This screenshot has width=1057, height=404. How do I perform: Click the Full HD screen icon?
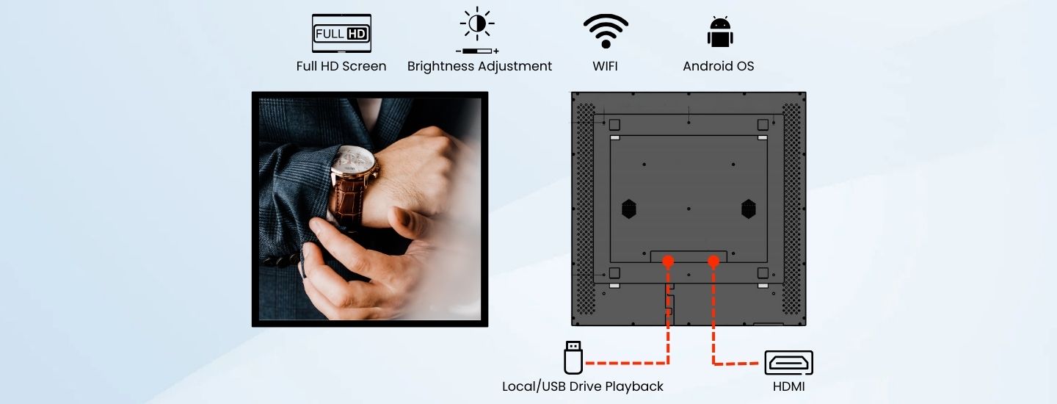(341, 33)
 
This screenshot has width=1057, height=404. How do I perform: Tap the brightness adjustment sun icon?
(477, 24)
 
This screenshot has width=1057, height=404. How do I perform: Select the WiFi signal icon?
(606, 31)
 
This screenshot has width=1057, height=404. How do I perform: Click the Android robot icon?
(720, 32)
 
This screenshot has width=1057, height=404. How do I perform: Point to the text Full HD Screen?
(341, 66)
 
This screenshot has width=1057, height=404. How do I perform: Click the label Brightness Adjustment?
(479, 66)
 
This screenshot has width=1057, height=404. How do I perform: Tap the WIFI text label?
(605, 66)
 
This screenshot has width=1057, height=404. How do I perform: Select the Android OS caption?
(718, 66)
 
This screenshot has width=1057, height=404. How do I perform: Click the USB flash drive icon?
(573, 357)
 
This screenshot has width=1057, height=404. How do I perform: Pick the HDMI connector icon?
(788, 362)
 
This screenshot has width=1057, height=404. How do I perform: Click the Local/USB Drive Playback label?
(583, 386)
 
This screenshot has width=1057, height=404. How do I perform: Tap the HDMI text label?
(788, 386)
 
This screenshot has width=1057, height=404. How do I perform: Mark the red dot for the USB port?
(668, 261)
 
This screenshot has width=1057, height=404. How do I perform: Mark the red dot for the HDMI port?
(713, 261)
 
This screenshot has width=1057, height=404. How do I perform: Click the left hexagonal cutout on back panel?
(628, 209)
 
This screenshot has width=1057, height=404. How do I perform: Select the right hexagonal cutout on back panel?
(749, 209)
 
